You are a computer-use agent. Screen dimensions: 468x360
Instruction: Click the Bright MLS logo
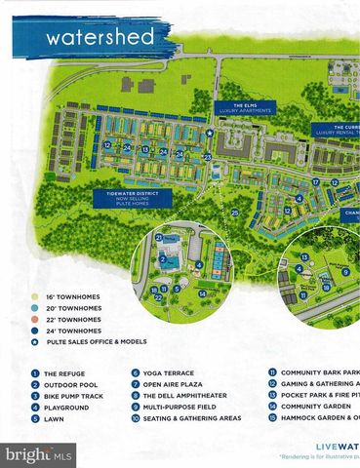(39, 453)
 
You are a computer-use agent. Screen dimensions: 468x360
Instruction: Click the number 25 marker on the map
(234, 212)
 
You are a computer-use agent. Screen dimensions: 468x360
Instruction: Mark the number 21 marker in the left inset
(158, 237)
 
